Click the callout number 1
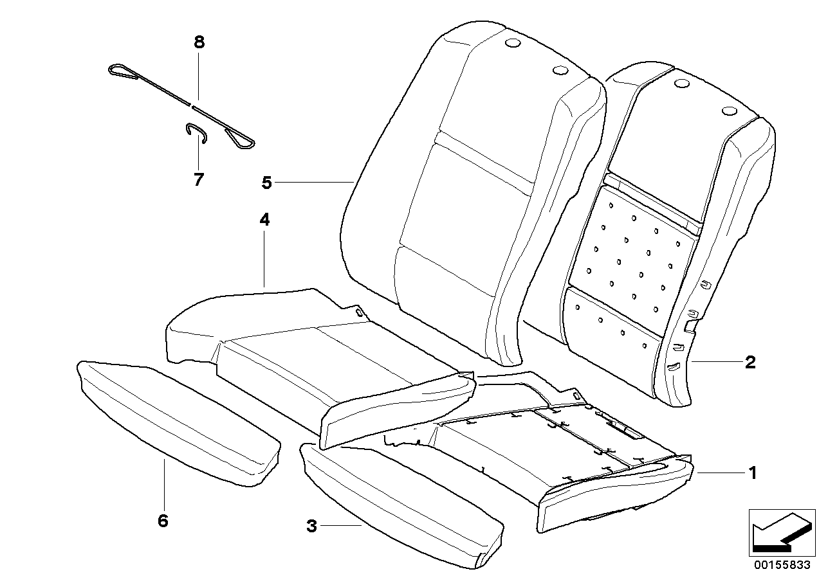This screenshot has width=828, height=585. [x=750, y=474]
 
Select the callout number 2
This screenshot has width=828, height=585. [x=750, y=363]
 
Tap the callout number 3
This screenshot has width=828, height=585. [x=311, y=526]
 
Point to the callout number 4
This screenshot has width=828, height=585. [x=264, y=220]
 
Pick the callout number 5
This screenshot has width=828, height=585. [x=266, y=183]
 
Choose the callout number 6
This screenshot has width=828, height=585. [x=163, y=520]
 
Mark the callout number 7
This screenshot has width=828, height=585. [x=198, y=179]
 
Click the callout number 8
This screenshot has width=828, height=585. [x=198, y=42]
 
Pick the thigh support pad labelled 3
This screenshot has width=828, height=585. [x=399, y=501]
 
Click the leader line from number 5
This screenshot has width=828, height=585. [x=315, y=183]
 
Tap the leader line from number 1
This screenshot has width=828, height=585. [x=717, y=474]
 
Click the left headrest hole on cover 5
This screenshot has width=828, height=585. [x=513, y=44]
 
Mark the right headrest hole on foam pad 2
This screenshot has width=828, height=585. [x=730, y=112]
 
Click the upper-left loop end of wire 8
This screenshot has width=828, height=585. [x=122, y=71]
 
